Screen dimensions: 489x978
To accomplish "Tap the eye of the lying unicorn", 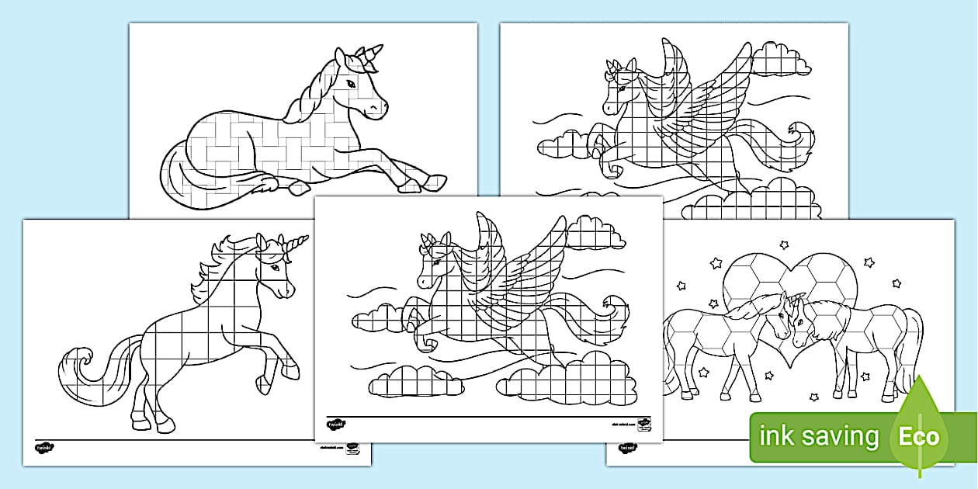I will (x=352, y=81).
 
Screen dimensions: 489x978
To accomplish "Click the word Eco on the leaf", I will (x=918, y=435).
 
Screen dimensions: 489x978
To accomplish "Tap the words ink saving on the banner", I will (x=819, y=436).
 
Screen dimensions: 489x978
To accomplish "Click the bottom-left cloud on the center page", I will (x=415, y=380).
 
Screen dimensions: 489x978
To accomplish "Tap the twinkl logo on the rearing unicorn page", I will (x=43, y=448).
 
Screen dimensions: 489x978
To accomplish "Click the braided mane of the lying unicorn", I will (x=307, y=93).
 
